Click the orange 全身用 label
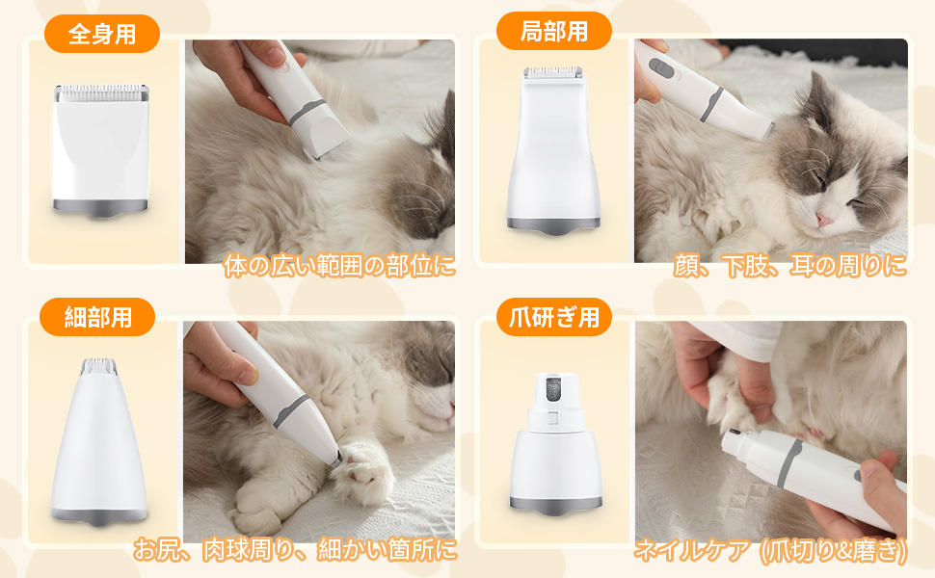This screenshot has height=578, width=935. pyautogui.click(x=101, y=35)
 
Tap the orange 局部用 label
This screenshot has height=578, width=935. pyautogui.click(x=553, y=31)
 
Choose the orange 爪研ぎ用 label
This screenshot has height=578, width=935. pyautogui.click(x=553, y=316)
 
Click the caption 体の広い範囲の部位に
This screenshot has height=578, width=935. pyautogui.click(x=338, y=266)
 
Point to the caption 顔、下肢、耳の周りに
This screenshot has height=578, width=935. pyautogui.click(x=789, y=266)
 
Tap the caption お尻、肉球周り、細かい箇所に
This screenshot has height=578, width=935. pyautogui.click(x=294, y=550)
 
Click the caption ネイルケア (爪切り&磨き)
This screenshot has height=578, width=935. pyautogui.click(x=770, y=550)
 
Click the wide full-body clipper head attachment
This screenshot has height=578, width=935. pyautogui.click(x=100, y=149)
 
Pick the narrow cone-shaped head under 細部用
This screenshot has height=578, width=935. pyautogui.click(x=99, y=443)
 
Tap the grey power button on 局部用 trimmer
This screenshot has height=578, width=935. pyautogui.click(x=660, y=68)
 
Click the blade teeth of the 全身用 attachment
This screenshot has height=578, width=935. pyautogui.click(x=100, y=93)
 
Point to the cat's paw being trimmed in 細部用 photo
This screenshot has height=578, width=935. pyautogui.click(x=366, y=474)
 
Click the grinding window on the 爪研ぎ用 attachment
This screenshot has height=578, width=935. pyautogui.click(x=553, y=390)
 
